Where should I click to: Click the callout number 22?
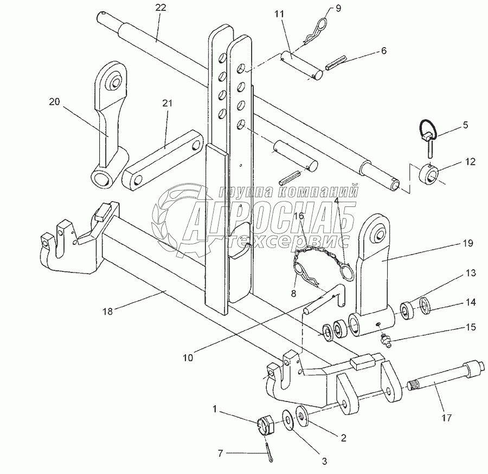click(161, 8)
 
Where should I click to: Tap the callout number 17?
click(447, 418)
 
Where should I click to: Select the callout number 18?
click(108, 311)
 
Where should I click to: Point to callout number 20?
click(54, 102)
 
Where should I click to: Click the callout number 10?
click(188, 358)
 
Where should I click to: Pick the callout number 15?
click(471, 327)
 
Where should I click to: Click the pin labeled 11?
click(302, 66)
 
